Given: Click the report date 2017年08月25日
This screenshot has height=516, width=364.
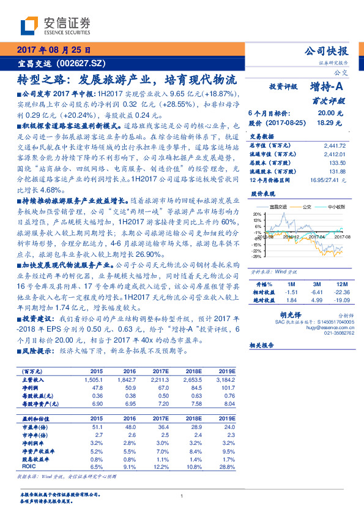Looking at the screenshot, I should pos(52,50).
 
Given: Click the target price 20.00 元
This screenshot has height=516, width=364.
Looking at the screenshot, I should pos(325,113).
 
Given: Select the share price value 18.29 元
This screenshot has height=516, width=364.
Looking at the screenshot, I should pos(325,123).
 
